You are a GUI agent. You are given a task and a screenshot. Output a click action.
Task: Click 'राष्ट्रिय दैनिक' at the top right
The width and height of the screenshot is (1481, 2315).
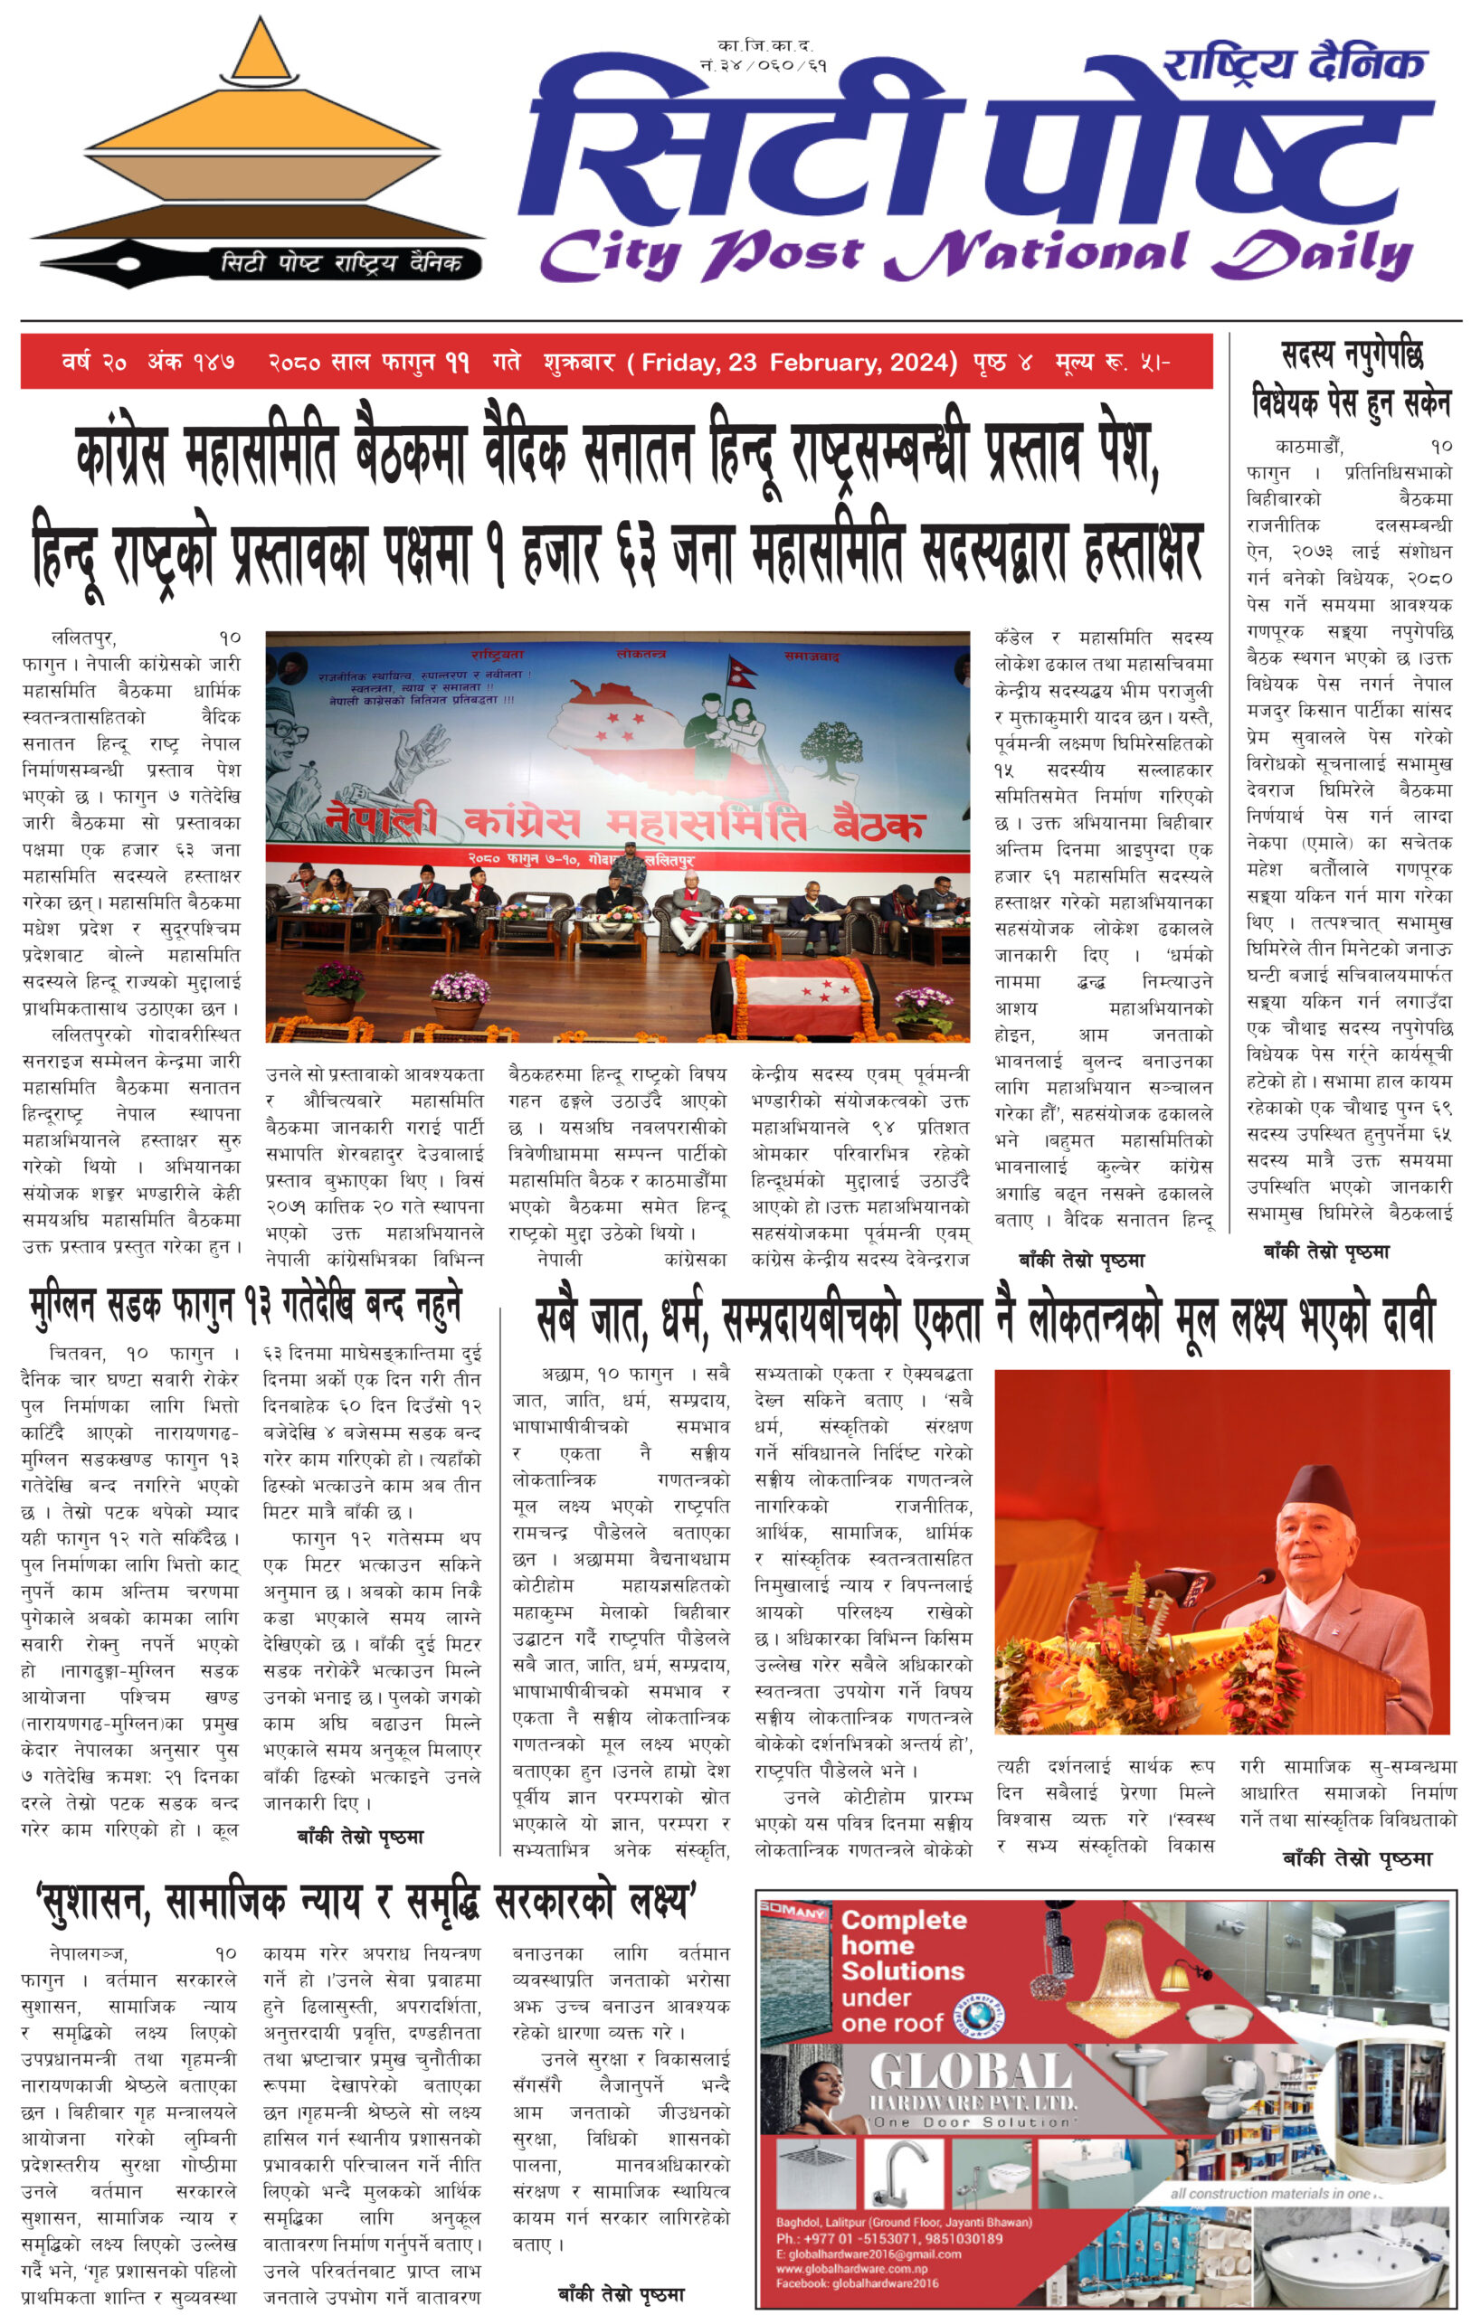pos(1293,65)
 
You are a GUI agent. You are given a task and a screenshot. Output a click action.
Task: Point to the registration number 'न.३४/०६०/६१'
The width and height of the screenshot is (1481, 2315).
pos(764,65)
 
